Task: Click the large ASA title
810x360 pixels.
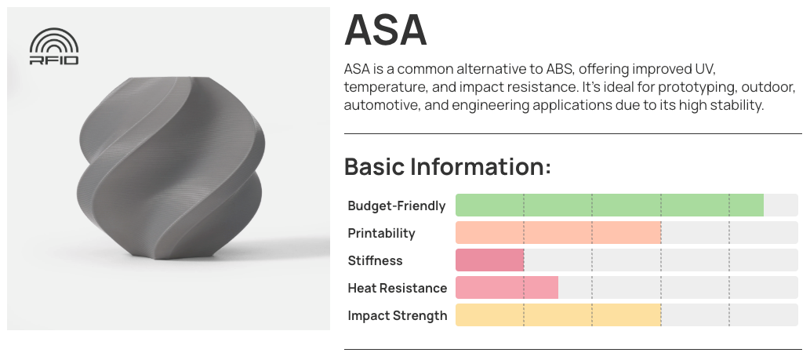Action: (385, 30)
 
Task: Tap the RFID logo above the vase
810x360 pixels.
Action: (54, 46)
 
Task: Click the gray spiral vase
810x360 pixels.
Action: (170, 167)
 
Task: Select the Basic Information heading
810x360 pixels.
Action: (448, 167)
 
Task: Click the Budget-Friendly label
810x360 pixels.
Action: (396, 205)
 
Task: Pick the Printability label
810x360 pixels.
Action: (381, 233)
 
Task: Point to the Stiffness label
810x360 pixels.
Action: (375, 260)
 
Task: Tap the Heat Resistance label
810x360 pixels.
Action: (398, 288)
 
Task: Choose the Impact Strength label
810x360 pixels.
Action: (398, 315)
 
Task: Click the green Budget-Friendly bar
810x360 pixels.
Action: (609, 205)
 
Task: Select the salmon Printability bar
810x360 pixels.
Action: (558, 232)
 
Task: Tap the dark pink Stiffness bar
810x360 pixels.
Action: (490, 260)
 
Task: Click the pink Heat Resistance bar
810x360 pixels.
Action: (507, 287)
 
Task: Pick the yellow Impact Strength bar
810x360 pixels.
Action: (558, 315)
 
